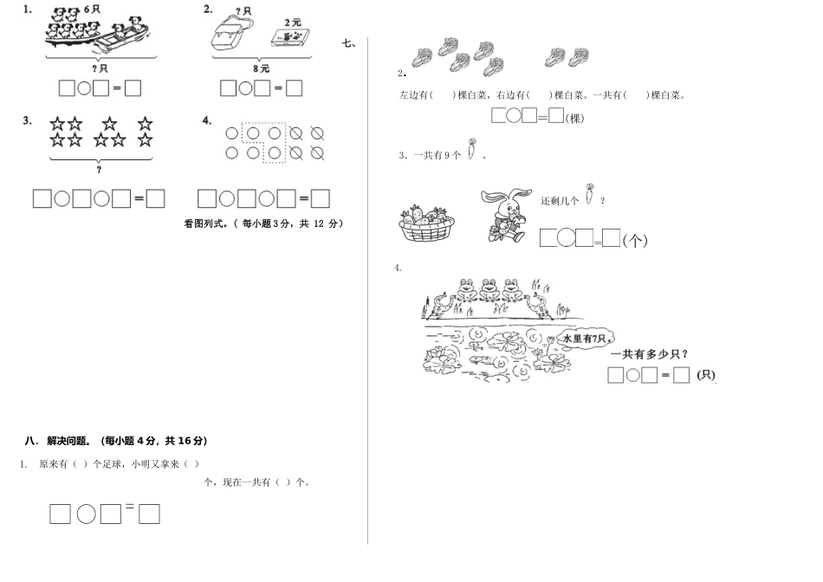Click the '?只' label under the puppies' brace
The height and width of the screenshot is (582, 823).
[99, 68]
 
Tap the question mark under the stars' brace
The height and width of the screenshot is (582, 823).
[99, 169]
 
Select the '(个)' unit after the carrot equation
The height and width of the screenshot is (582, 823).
[636, 240]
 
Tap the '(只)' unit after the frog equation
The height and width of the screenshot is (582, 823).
[706, 375]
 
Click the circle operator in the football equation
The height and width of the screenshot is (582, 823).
[87, 514]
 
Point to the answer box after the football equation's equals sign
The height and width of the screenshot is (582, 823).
[149, 514]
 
